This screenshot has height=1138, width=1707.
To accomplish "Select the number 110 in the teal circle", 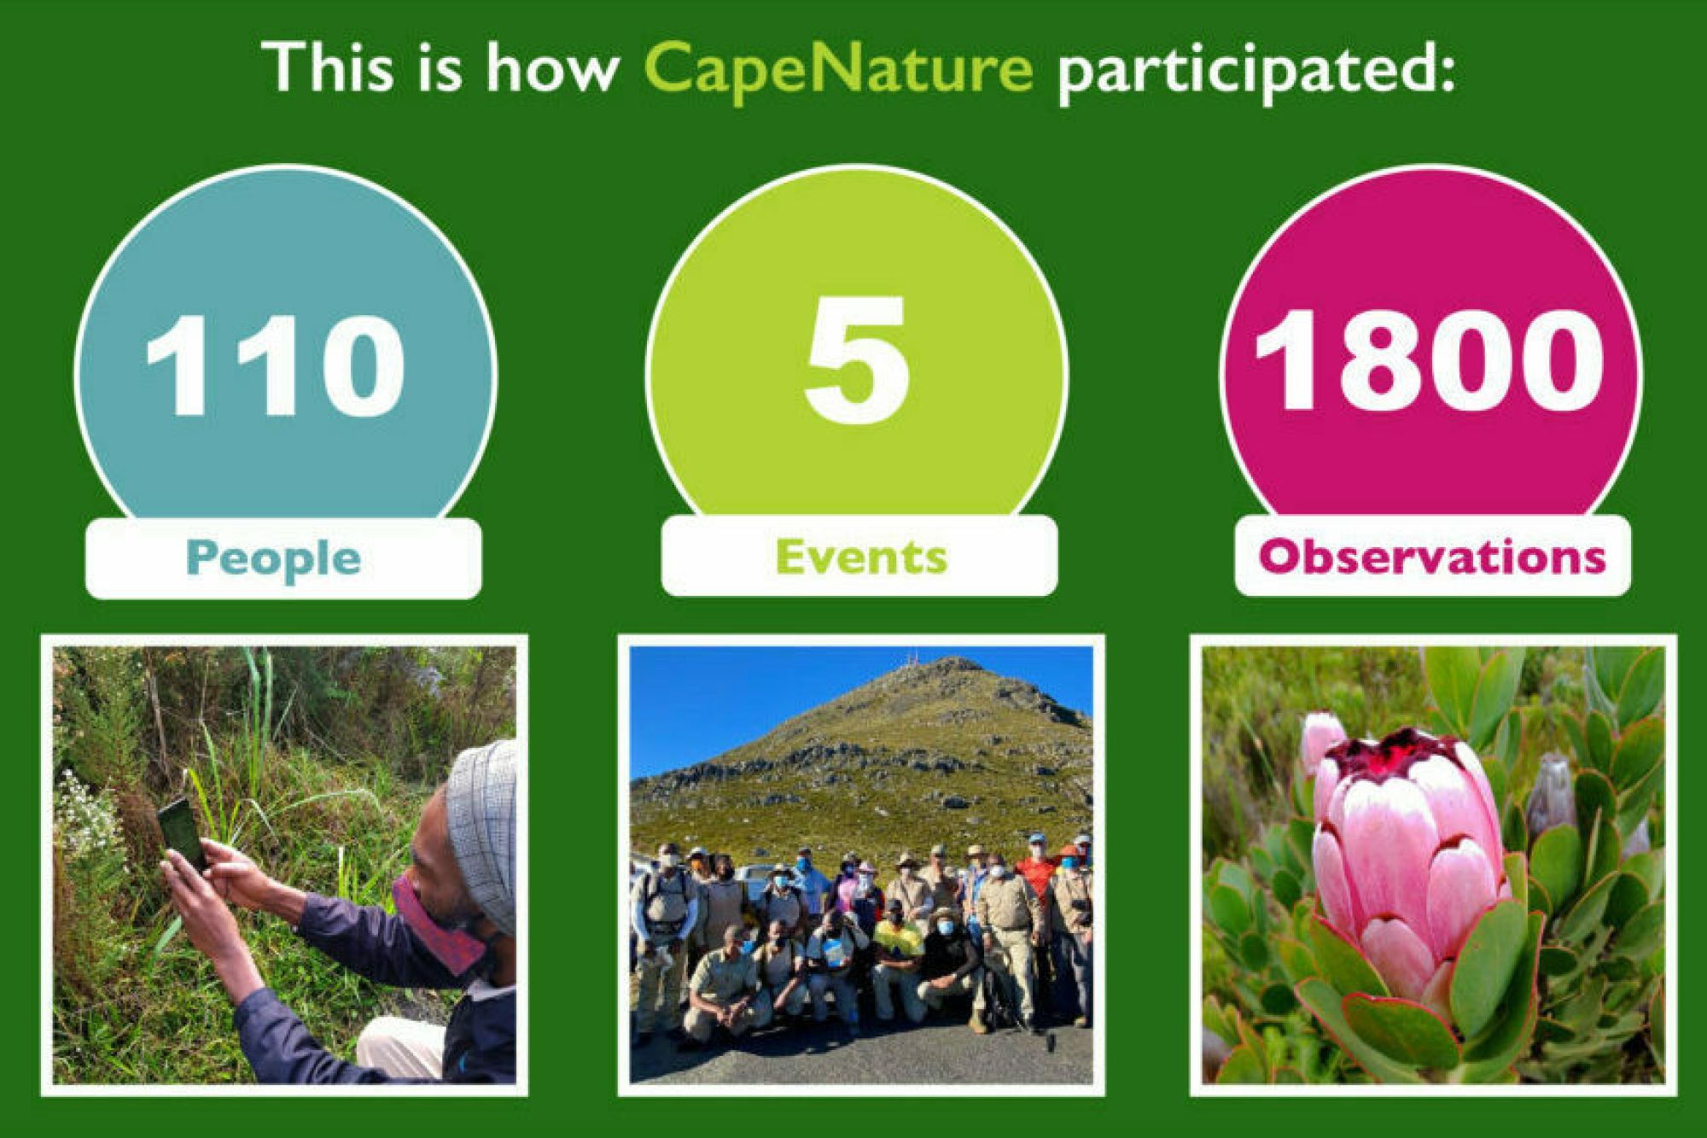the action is pos(275,365).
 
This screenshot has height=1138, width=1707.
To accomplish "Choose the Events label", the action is pos(861,557).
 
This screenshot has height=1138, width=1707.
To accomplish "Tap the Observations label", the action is pos(1432,557).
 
